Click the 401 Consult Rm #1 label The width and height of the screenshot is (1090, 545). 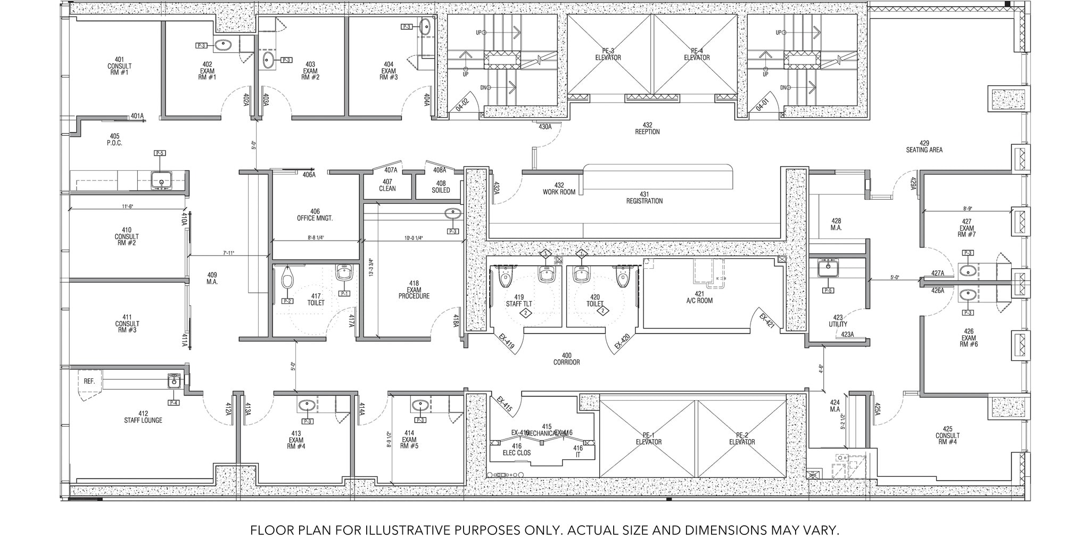[x=119, y=66]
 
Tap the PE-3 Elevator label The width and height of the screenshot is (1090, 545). [x=608, y=54]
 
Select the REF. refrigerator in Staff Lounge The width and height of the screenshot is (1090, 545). [x=89, y=381]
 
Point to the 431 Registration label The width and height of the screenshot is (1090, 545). [x=644, y=197]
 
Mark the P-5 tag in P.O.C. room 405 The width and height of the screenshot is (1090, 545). [x=160, y=153]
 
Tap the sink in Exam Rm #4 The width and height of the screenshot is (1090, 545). [x=307, y=406]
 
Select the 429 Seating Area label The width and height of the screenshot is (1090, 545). [x=924, y=146]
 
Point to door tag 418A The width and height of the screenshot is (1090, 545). [x=456, y=320]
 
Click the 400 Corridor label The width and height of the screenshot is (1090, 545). [x=566, y=359]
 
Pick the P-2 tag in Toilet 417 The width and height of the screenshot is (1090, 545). [x=287, y=301]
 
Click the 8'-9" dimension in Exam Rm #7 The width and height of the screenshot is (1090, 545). [x=968, y=209]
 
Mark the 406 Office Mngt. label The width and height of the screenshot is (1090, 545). [x=315, y=215]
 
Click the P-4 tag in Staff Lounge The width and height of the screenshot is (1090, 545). [x=174, y=402]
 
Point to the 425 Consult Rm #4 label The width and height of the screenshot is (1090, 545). [x=947, y=435]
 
